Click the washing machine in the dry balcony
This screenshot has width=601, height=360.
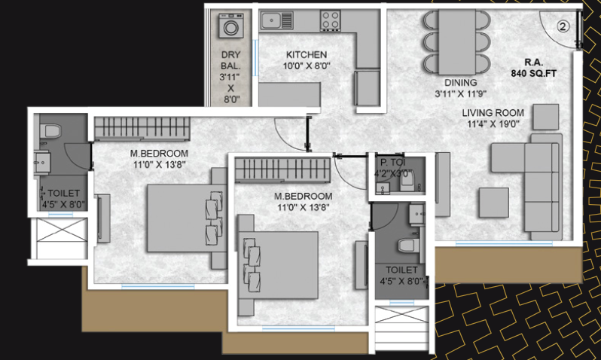coord(231,26)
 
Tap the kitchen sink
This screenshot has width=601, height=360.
coord(276,20)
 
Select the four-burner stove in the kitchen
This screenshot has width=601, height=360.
coord(331,20)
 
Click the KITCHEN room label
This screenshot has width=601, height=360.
coord(307,55)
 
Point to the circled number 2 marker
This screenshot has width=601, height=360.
coord(563,26)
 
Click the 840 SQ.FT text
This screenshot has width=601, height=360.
coord(533,73)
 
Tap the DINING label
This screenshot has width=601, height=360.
coord(461,82)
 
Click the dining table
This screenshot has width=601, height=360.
coord(457,42)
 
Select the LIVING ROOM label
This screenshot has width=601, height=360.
coord(493,113)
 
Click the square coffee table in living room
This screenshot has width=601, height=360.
coord(494,203)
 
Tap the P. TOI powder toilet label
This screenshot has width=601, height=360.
coord(393,163)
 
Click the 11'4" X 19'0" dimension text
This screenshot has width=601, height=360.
coord(493,124)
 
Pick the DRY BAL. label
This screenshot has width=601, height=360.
coord(230,60)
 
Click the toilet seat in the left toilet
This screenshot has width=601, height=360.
coord(50,131)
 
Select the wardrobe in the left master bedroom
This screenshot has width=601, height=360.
coord(142,129)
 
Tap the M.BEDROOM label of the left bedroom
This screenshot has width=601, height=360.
coord(159,154)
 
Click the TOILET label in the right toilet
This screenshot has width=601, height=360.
coord(401,270)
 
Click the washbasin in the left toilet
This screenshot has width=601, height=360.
coord(41,162)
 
